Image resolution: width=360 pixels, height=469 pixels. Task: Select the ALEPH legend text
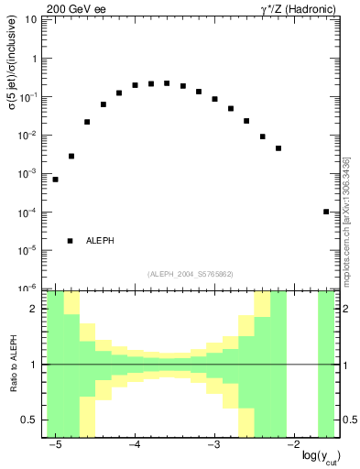100,241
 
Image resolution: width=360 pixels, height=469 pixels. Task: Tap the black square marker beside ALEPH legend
71,241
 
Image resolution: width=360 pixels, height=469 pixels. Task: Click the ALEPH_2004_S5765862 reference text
190,274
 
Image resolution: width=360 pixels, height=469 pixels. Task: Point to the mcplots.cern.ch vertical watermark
346,220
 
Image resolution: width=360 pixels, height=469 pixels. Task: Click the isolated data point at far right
326,212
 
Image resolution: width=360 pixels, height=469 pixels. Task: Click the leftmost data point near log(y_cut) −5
55,180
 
